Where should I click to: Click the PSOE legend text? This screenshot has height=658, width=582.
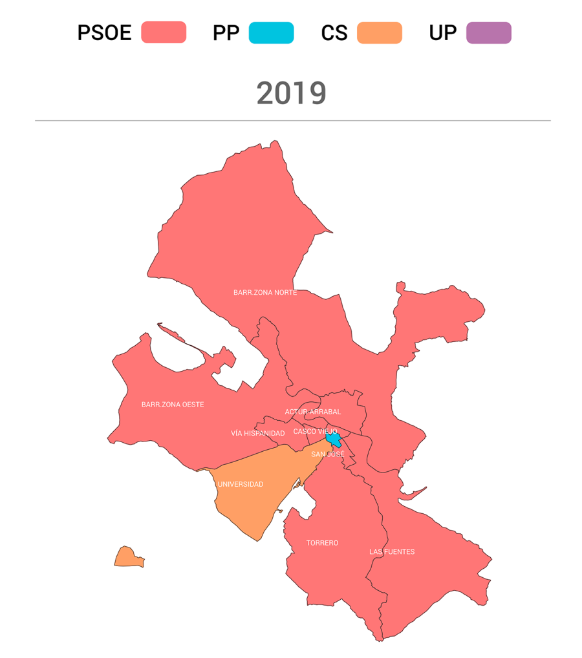(104, 33)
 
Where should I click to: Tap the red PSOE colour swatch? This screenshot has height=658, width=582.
(164, 32)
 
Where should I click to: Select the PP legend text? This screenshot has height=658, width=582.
(226, 33)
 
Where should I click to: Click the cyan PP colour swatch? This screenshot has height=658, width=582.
(271, 32)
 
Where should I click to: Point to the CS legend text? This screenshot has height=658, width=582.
(334, 33)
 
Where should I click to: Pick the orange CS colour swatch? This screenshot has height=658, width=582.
(379, 32)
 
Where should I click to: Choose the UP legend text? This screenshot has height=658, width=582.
(442, 33)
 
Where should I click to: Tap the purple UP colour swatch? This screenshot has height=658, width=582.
(488, 32)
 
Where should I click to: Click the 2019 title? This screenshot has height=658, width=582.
(291, 94)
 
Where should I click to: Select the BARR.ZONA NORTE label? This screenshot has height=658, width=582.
(265, 293)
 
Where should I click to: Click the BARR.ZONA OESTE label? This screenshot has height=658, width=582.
(173, 405)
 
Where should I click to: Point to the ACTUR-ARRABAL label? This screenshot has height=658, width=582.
(313, 412)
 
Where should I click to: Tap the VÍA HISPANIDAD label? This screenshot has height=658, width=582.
(258, 433)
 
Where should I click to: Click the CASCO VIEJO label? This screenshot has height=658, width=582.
(315, 431)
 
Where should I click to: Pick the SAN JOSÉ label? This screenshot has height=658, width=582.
(328, 454)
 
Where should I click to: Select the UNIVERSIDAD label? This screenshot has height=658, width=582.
(241, 484)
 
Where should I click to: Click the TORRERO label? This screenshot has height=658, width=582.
(322, 543)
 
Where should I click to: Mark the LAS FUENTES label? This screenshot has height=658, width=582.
(392, 552)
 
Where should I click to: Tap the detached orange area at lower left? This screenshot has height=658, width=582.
(127, 557)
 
